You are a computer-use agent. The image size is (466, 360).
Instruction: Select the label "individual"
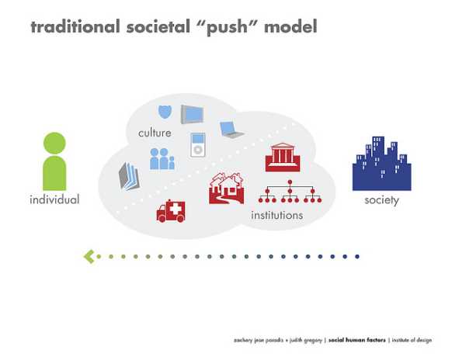(x=54, y=200)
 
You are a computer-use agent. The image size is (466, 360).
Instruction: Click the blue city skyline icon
(x=381, y=164)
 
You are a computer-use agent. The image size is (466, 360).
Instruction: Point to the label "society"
(x=381, y=201)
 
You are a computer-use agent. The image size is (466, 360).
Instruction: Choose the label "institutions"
(x=276, y=215)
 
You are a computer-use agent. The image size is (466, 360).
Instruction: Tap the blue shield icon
(x=165, y=112)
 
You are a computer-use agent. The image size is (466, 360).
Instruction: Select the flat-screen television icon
(x=193, y=115)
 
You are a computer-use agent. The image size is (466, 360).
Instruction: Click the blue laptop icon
(x=231, y=130)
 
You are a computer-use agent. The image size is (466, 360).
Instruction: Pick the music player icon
(x=199, y=145)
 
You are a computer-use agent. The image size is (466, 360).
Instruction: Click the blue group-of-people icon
(x=162, y=159)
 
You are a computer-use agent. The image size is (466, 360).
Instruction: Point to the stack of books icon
(x=128, y=175)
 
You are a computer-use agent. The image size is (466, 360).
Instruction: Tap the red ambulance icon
(x=171, y=211)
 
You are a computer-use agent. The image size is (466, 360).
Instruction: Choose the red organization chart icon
(x=289, y=192)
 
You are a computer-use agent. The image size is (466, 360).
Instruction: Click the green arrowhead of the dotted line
(x=89, y=256)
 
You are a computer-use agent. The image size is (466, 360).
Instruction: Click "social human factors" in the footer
(x=357, y=340)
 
